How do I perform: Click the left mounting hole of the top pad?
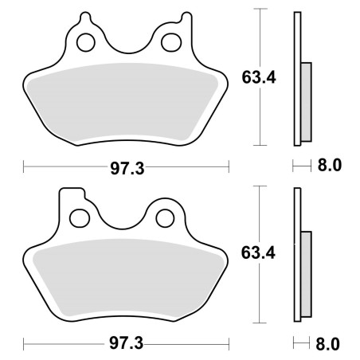click(86, 42)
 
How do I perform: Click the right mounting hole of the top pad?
click(171, 42)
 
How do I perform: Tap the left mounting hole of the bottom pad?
click(80, 218)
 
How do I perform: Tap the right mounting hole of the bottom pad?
click(165, 218)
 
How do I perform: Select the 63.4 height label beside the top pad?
click(259, 78)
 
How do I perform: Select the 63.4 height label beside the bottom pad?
click(258, 253)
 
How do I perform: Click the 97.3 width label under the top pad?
click(127, 169)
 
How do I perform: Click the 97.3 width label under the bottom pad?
click(127, 343)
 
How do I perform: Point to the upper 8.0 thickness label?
click(330, 165)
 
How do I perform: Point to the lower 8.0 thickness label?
click(327, 344)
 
